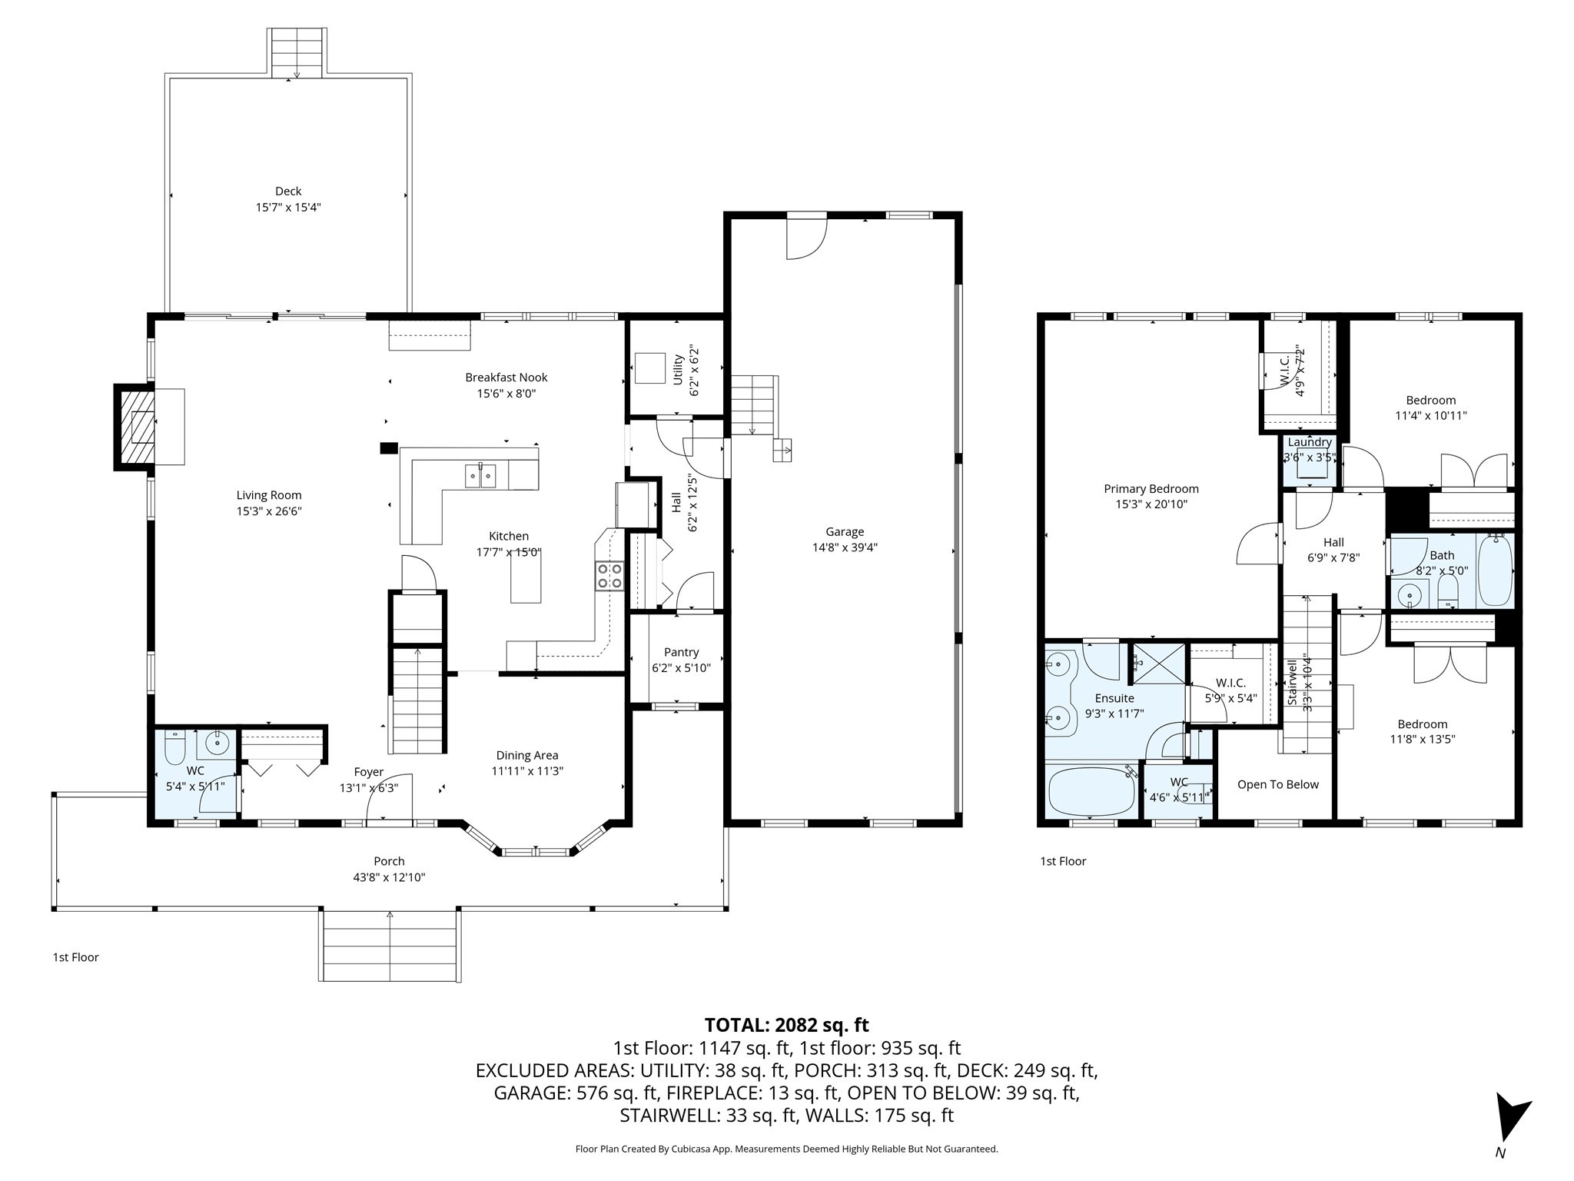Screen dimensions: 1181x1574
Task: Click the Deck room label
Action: click(x=288, y=191)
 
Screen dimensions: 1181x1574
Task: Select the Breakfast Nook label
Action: click(x=506, y=378)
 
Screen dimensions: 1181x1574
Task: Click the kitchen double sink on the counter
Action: click(x=480, y=476)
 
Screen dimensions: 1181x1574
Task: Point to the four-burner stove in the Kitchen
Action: click(x=609, y=576)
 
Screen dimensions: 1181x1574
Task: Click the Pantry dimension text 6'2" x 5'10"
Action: click(x=681, y=668)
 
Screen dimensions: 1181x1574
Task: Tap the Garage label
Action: click(x=845, y=531)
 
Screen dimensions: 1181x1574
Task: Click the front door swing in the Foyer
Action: click(x=390, y=800)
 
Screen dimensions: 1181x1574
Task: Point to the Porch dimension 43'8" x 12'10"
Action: click(x=389, y=877)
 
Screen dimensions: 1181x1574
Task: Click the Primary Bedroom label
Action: click(x=1151, y=488)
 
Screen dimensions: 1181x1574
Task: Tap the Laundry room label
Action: click(x=1309, y=442)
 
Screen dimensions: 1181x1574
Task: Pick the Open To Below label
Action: click(x=1277, y=784)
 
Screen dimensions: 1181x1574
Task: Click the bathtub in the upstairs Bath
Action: click(x=1495, y=571)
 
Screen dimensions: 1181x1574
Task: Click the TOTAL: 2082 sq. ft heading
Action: click(x=786, y=1025)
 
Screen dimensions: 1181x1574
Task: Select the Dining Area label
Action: click(x=526, y=755)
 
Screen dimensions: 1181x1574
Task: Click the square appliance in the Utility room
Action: click(x=649, y=368)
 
